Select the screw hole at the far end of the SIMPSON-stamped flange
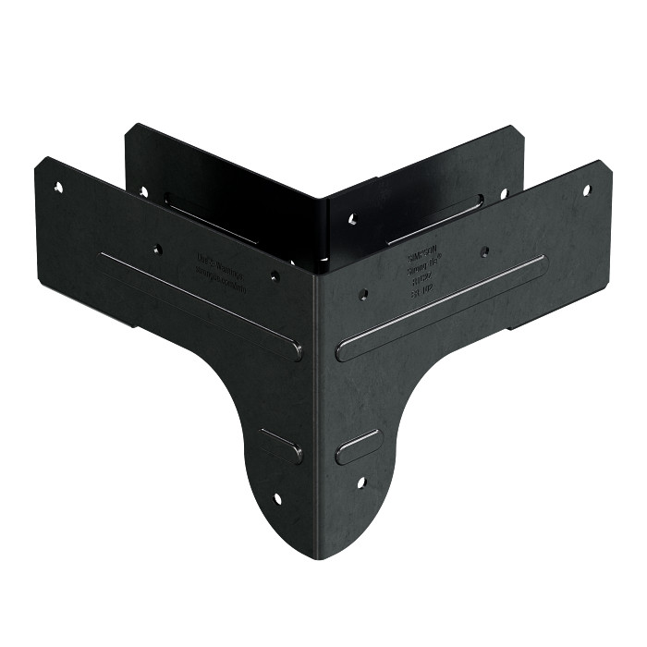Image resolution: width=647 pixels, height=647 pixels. (586, 190)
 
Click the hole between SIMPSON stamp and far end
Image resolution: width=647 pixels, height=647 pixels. (484, 250)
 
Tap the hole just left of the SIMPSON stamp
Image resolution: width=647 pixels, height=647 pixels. (364, 294)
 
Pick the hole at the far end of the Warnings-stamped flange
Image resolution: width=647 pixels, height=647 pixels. (58, 188)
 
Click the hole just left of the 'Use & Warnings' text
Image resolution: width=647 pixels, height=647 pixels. (158, 248)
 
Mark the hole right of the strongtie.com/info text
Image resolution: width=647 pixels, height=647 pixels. (274, 275)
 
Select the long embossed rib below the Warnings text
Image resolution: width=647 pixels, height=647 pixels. (200, 306)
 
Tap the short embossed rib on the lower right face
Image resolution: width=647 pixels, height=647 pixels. (359, 446)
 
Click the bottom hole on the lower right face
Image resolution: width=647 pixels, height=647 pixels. (360, 482)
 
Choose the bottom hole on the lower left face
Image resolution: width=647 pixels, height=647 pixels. (276, 498)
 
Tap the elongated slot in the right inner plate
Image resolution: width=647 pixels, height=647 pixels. (434, 221)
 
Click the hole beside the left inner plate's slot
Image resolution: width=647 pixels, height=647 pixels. (143, 192)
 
